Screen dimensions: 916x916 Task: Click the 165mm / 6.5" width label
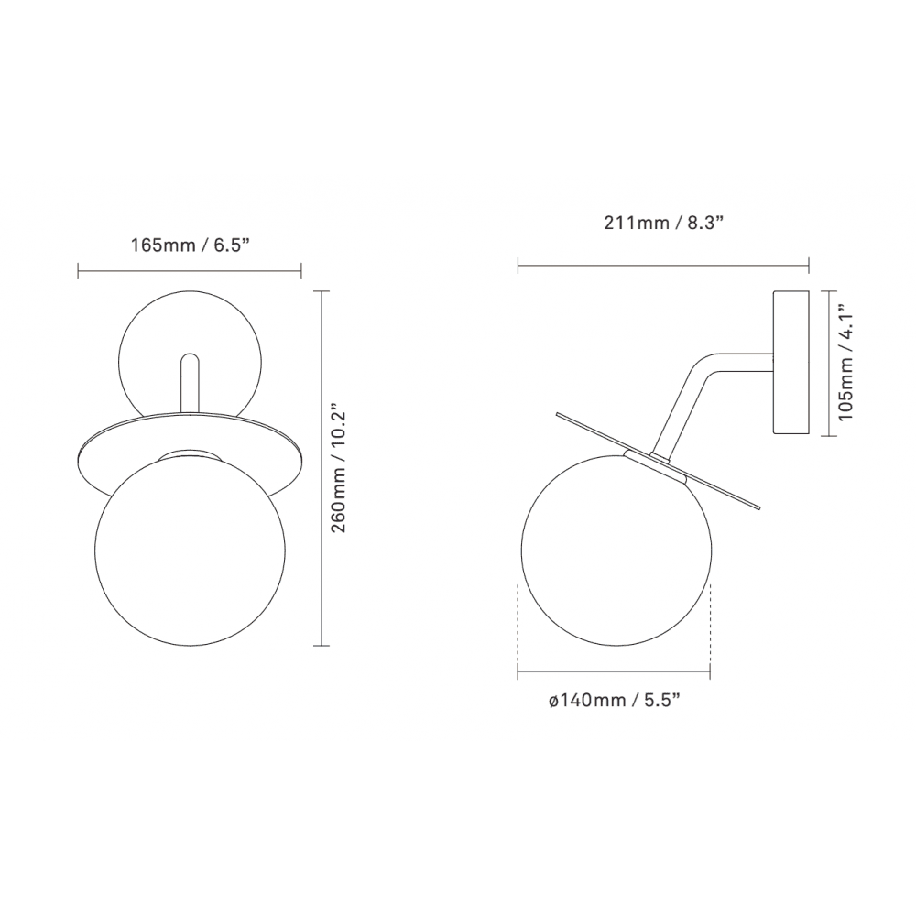click(x=190, y=245)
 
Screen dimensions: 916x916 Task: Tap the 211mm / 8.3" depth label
click(x=663, y=223)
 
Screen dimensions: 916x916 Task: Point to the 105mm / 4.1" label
click(x=847, y=364)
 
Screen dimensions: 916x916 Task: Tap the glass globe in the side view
click(x=614, y=547)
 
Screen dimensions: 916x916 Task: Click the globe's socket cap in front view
click(x=190, y=455)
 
